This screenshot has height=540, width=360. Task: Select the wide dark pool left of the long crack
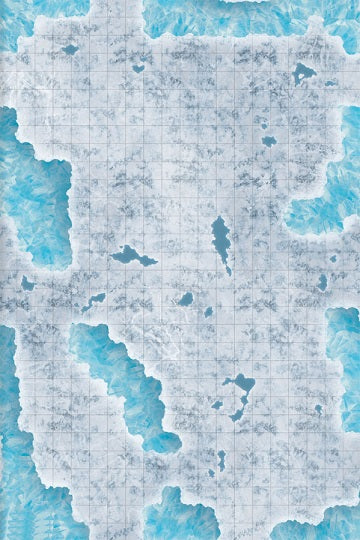click(133, 257)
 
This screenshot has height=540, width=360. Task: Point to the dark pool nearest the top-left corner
click(69, 49)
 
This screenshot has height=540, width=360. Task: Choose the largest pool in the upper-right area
click(303, 72)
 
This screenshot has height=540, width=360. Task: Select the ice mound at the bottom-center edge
click(180, 515)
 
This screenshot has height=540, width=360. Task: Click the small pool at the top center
click(138, 68)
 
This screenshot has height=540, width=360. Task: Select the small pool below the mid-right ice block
click(322, 284)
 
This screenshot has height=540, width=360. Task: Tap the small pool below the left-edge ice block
click(28, 284)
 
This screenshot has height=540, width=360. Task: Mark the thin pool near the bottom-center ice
click(221, 459)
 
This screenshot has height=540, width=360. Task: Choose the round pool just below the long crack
click(186, 298)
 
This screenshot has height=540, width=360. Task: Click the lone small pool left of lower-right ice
click(318, 409)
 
